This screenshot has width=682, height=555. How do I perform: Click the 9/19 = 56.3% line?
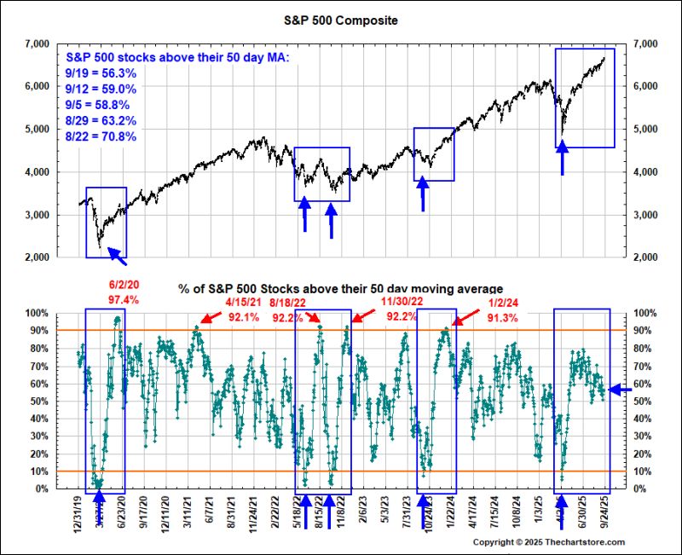point(101,73)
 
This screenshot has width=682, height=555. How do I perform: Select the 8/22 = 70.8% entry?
point(101,136)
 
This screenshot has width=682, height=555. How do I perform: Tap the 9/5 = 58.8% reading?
point(101,105)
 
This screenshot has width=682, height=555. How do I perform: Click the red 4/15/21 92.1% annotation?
point(246,308)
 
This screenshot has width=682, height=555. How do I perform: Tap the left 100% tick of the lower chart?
point(36,314)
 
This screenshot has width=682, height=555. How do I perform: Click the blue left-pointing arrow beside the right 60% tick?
point(620,389)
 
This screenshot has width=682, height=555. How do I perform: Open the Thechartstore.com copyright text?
point(549,542)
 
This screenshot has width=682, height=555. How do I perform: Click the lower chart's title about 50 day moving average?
point(340,289)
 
